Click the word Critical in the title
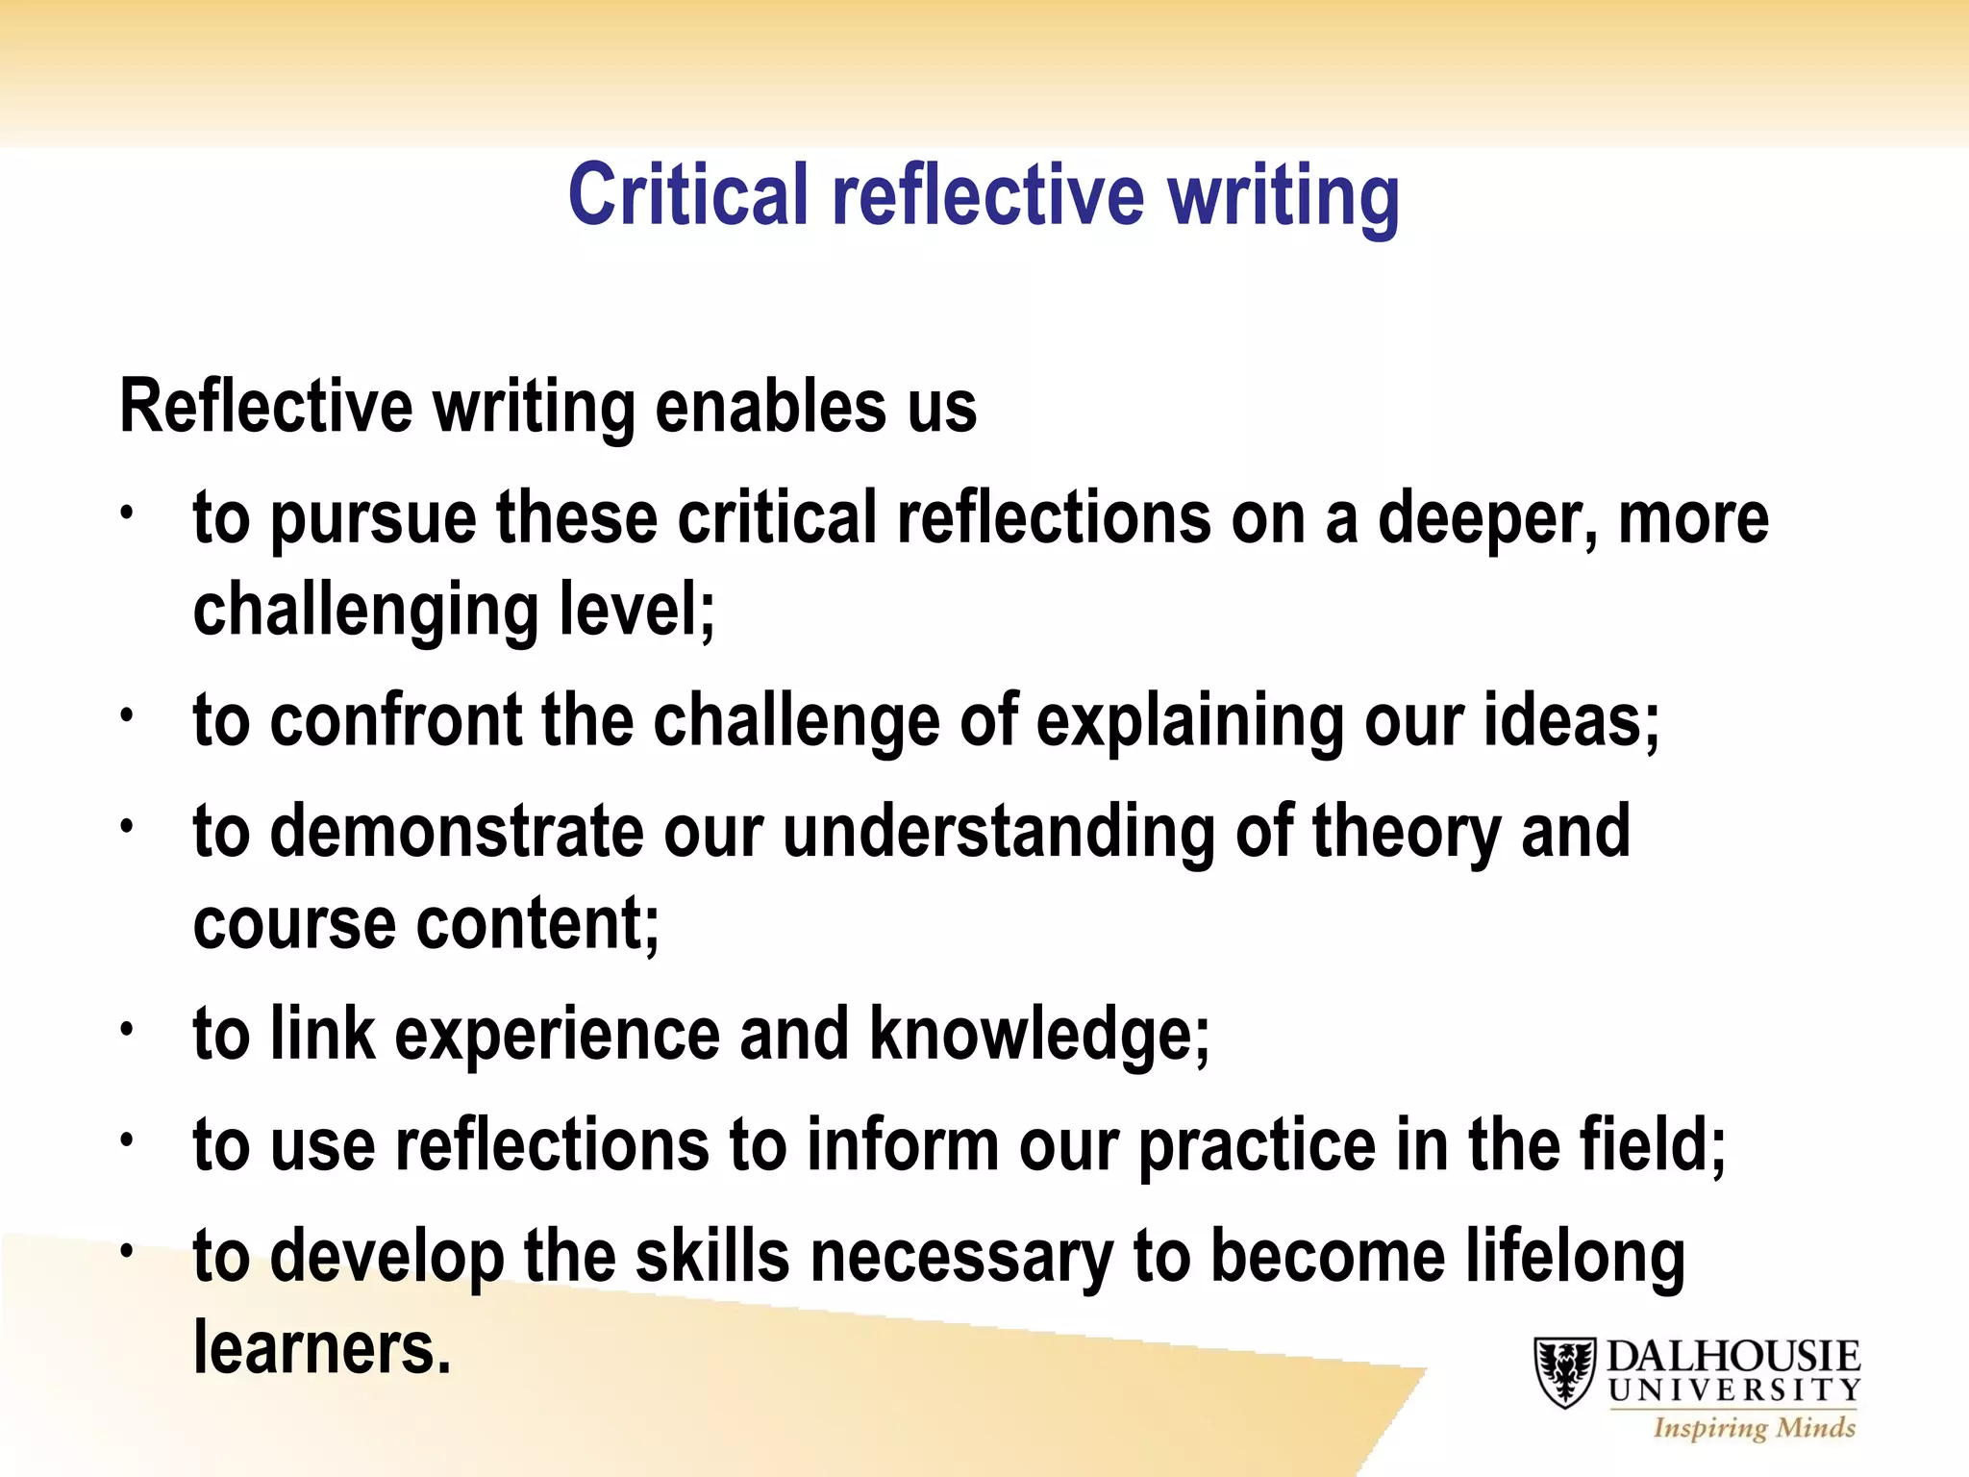pos(687,195)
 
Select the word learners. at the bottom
pos(322,1348)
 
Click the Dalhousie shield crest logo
pos(1564,1372)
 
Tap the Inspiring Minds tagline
pos(1754,1428)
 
